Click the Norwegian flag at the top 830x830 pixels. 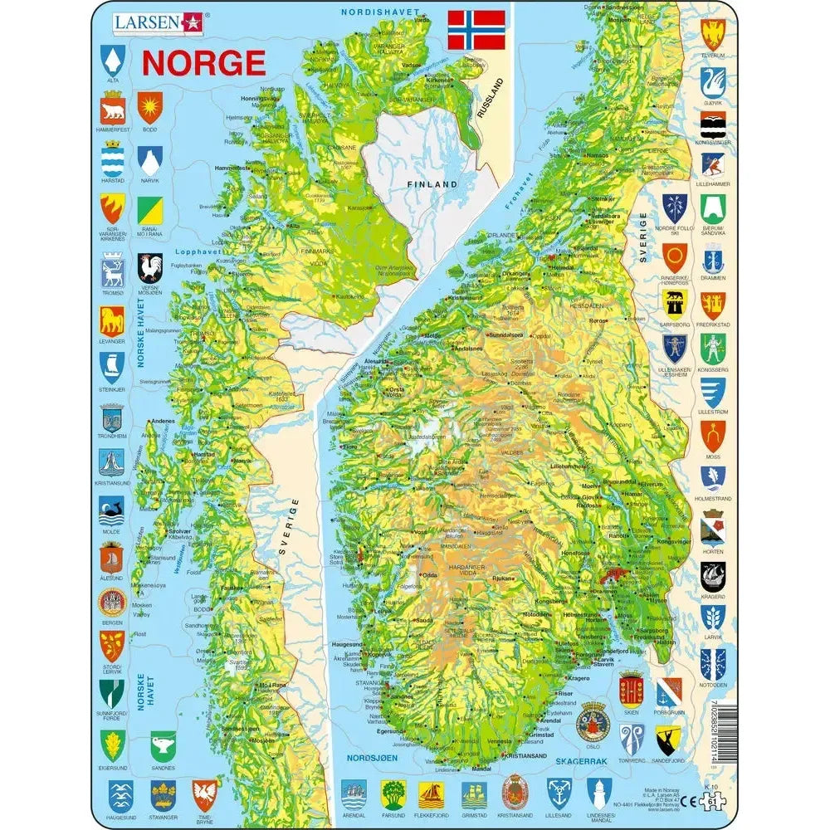point(476,30)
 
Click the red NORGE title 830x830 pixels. point(203,63)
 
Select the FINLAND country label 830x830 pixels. point(432,183)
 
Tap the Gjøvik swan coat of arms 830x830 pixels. point(713,81)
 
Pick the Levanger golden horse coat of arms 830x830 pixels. point(112,320)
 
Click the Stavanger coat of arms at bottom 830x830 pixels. point(163,795)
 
